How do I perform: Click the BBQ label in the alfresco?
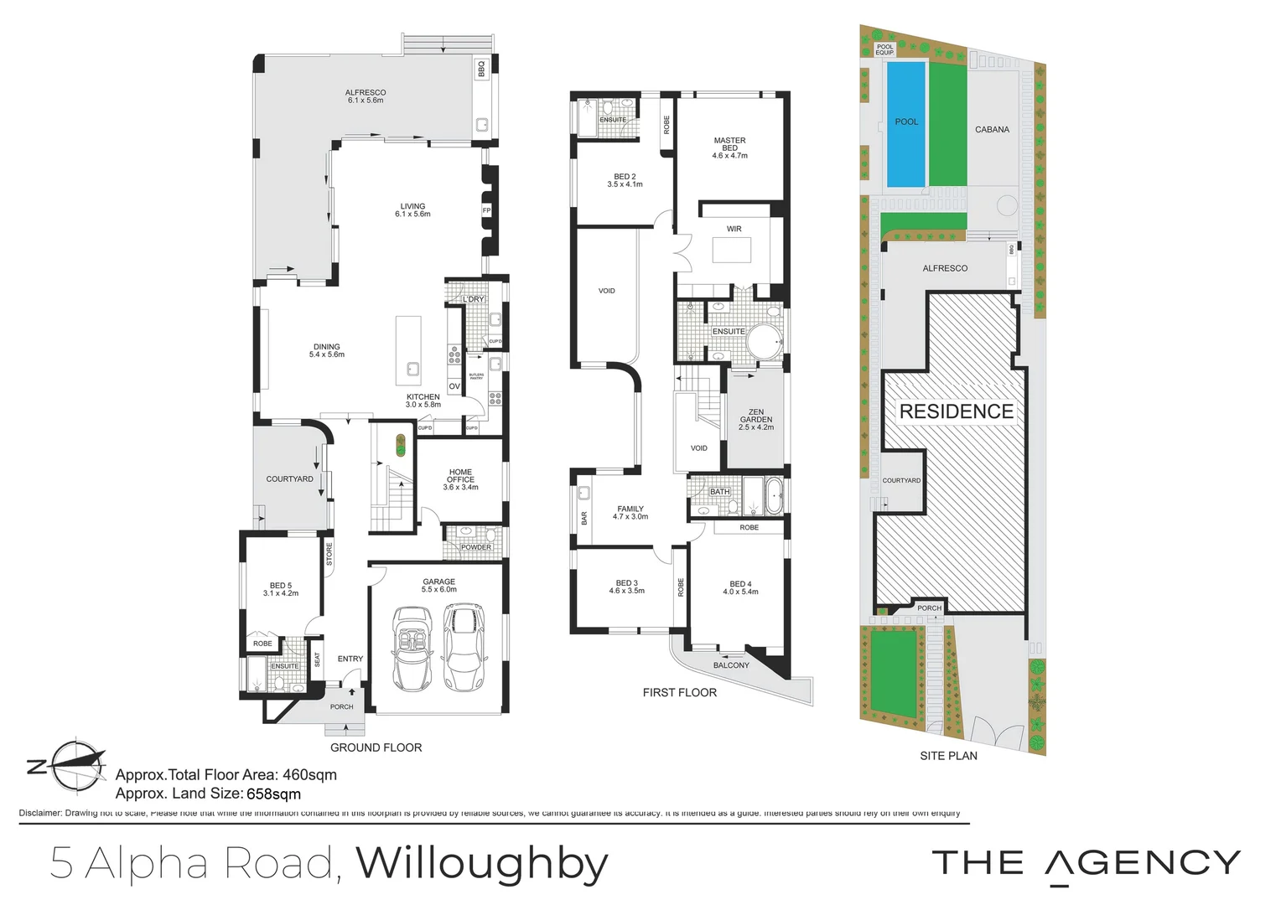[481, 68]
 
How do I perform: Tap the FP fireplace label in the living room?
[486, 210]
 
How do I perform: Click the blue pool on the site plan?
[906, 124]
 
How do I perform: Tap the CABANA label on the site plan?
[992, 130]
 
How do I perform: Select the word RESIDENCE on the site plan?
[957, 411]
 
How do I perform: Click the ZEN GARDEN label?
[756, 420]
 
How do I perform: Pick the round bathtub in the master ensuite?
[764, 343]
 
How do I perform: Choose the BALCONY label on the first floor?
[731, 665]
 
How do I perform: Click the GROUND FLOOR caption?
[376, 747]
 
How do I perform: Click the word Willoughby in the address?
[482, 863]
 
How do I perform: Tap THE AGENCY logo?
[1086, 863]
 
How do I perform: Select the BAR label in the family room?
[584, 518]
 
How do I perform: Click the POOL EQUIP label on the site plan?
[884, 50]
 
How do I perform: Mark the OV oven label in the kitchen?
[454, 386]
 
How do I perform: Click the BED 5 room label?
[281, 589]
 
